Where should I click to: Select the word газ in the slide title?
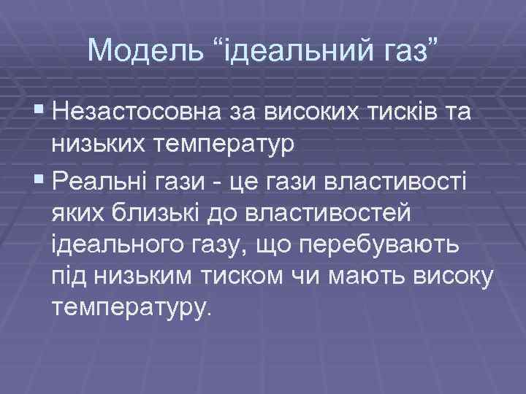pos(412,50)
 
